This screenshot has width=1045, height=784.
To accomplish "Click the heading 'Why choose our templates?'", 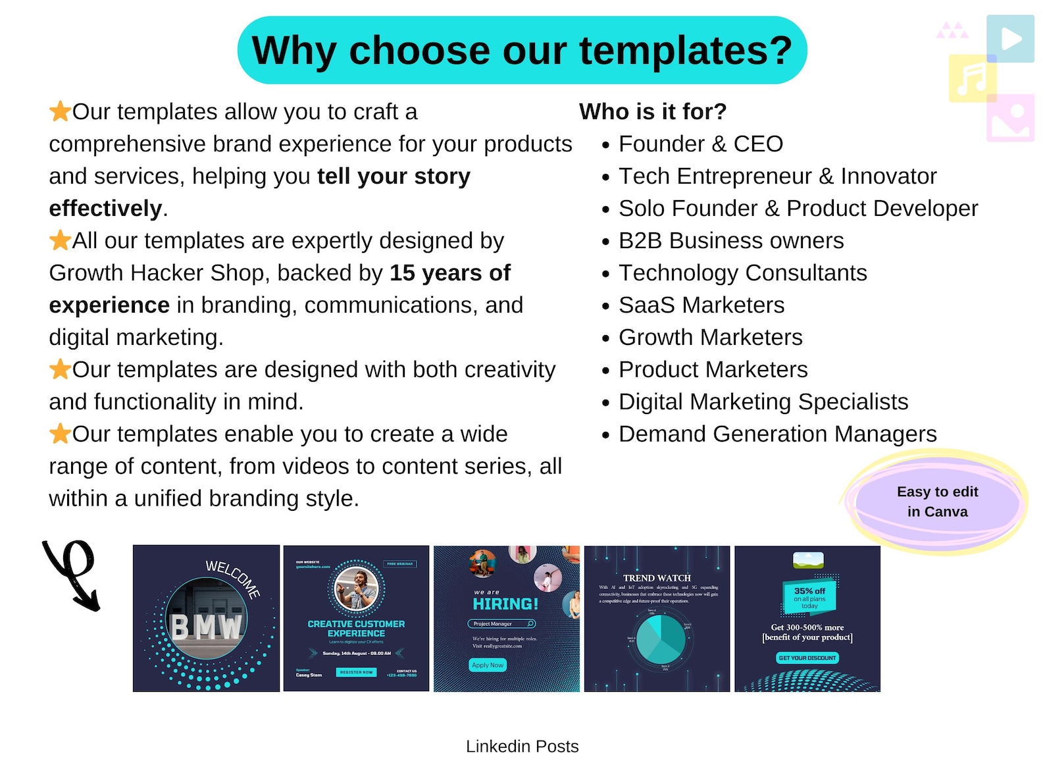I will (522, 51).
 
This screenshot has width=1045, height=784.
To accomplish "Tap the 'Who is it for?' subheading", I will (652, 112).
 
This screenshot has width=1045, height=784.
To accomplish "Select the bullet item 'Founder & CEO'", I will (700, 144).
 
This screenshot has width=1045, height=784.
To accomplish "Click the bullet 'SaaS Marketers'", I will (701, 305).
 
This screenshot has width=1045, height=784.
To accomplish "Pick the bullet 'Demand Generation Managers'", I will (777, 434).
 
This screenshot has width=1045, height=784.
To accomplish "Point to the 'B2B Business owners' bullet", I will (730, 241).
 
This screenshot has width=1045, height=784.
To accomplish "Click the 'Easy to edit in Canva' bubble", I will (936, 502).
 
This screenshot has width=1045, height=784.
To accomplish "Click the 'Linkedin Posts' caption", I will (522, 746).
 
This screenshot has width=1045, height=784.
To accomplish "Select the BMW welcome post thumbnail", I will (206, 618).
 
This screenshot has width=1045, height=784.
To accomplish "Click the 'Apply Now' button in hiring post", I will (487, 666).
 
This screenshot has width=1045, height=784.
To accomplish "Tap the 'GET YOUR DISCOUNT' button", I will (807, 658).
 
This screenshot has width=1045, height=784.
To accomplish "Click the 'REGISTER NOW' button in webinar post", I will (356, 672).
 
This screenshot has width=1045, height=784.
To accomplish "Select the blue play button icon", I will (1010, 39).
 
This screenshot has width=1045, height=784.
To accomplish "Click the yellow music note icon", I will (971, 78).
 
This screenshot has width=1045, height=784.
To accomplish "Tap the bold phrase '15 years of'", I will (449, 273).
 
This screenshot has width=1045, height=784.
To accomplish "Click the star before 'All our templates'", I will (60, 240).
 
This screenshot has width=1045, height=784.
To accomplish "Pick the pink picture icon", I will (1010, 118).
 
